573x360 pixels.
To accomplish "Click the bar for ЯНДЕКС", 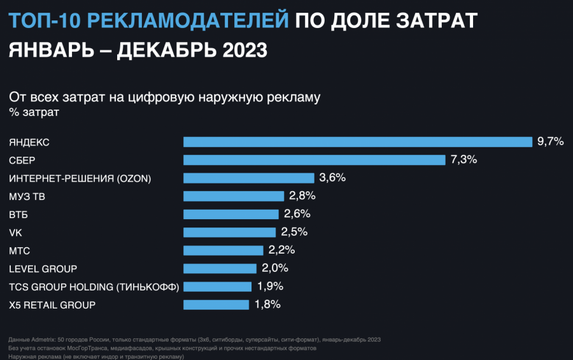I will click(357, 141).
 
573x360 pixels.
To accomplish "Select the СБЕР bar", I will click(314, 159).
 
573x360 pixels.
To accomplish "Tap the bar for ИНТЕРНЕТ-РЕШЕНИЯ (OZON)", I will click(248, 178).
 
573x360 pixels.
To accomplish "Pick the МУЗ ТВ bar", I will click(233, 196).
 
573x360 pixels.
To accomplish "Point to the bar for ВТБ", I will click(230, 214).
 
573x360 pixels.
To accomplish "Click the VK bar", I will click(229, 232).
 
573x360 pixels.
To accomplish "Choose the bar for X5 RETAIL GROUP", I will click(216, 305).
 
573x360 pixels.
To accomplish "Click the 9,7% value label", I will click(551, 141).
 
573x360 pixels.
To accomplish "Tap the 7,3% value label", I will click(463, 159).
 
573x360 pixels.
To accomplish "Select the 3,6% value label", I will click(332, 178).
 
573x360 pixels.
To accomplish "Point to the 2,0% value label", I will click(275, 268).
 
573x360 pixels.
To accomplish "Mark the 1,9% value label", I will click(270, 286).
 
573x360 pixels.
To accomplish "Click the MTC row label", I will click(20, 250).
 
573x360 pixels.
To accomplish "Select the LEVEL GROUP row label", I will click(43, 268).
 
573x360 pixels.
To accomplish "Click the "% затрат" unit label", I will click(34, 113).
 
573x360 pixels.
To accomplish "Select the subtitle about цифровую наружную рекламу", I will click(164, 97).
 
